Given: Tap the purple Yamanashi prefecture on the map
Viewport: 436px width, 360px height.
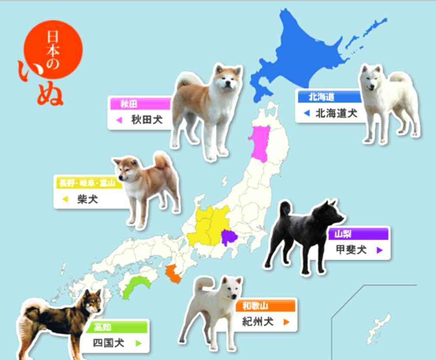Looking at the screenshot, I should (229, 237).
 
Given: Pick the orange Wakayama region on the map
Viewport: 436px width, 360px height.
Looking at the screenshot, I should (174, 274).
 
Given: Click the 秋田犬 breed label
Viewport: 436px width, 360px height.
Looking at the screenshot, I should (147, 120).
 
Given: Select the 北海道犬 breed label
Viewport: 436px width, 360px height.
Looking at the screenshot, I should (336, 114).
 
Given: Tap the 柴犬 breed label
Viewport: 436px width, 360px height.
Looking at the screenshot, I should (88, 199).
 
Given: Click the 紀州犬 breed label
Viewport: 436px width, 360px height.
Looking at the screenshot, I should (258, 322).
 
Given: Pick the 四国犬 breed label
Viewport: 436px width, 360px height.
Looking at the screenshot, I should (109, 343).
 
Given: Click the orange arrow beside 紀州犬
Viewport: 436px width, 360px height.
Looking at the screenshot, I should (286, 322).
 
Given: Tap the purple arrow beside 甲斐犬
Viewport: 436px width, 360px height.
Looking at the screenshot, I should (379, 250).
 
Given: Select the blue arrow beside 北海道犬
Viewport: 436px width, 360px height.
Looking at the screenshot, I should (306, 114).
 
